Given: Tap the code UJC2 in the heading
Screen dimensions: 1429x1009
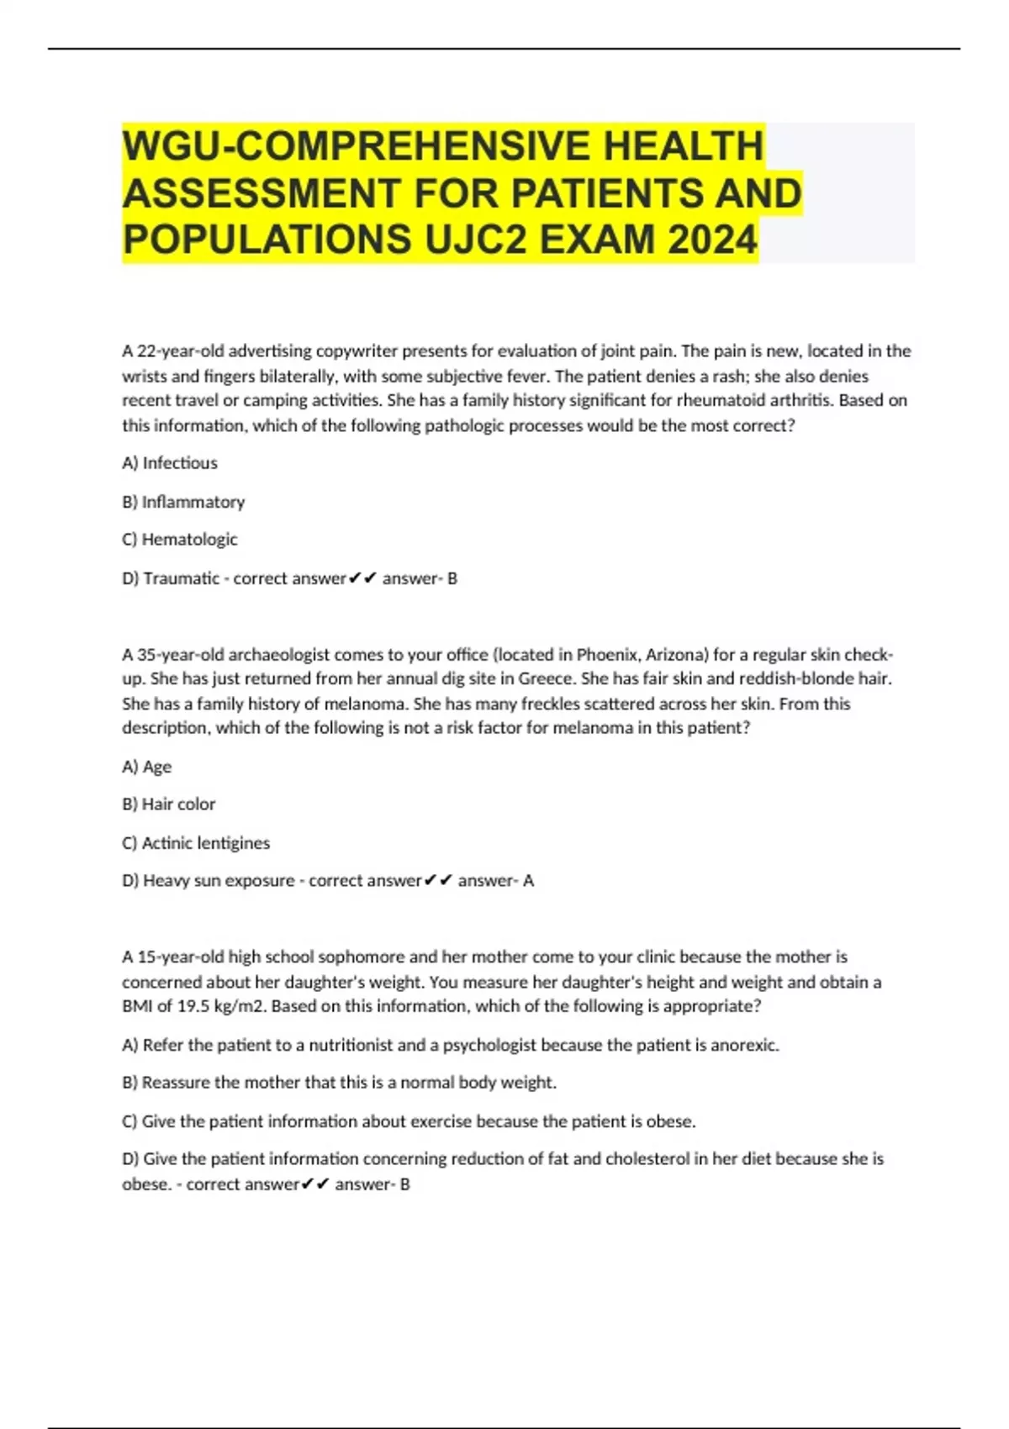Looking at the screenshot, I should pos(476,240).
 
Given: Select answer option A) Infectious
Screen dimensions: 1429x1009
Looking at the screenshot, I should pos(170,463).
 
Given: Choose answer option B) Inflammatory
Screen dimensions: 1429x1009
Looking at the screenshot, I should pos(183,502).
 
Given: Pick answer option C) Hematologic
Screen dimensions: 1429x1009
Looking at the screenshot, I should pos(180,540).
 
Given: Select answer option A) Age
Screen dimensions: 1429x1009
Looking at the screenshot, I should pos(147,767).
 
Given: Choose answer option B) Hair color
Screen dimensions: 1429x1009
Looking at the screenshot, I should pos(169,804).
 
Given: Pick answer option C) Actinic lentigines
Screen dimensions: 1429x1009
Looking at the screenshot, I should pos(196,843).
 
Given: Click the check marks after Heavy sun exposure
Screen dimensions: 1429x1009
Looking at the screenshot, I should pos(438,881).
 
